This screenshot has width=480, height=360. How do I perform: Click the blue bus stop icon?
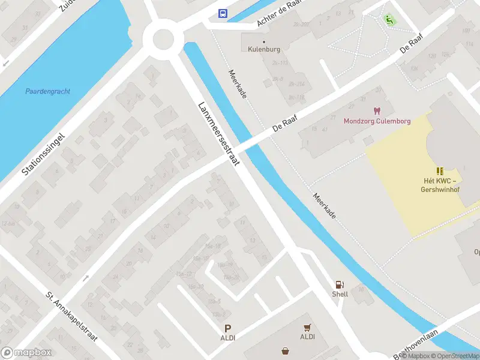pos(223,14)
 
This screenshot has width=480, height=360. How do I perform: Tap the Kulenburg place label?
pos(264,49)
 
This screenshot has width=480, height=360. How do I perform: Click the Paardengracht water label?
pos(47,91)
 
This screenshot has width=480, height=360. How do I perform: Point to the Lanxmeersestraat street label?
pos(219,133)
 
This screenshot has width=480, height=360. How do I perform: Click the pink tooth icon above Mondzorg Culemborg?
pos(377,111)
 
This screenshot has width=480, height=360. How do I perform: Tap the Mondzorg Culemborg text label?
pos(377,121)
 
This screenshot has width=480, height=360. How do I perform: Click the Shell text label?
pos(340,295)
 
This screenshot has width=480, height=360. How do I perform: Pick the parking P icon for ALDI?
pos(227,328)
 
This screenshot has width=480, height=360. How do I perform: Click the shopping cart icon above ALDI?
pos(307,327)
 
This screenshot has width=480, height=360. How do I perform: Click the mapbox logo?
pos(26,353)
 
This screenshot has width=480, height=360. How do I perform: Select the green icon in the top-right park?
pos(390,19)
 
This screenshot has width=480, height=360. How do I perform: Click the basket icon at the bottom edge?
pos(284,351)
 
